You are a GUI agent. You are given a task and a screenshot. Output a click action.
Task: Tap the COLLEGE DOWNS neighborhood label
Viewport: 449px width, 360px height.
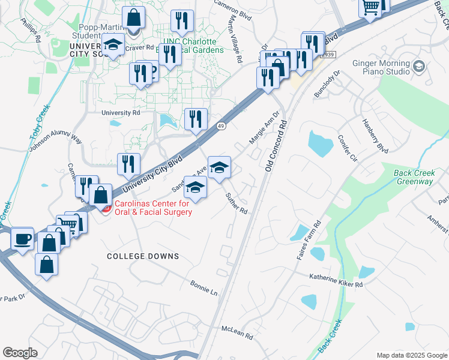pyautogui.click(x=143, y=256)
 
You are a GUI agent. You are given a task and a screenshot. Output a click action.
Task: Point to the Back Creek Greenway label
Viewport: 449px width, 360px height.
pyautogui.click(x=414, y=177)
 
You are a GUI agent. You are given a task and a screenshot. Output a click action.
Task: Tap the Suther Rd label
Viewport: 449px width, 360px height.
pyautogui.click(x=237, y=203)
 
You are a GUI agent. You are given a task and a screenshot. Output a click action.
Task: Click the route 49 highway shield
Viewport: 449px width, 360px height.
pyautogui.click(x=221, y=125)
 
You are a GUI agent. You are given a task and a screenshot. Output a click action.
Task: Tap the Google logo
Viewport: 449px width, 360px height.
pyautogui.click(x=20, y=352)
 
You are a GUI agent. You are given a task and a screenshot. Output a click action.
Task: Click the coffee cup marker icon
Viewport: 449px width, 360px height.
pyautogui.click(x=23, y=239)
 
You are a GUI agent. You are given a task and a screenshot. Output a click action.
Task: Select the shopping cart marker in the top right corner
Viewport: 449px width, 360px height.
pyautogui.click(x=371, y=8)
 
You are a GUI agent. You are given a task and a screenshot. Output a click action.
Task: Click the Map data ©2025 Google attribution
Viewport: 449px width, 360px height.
pyautogui.click(x=411, y=355)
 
